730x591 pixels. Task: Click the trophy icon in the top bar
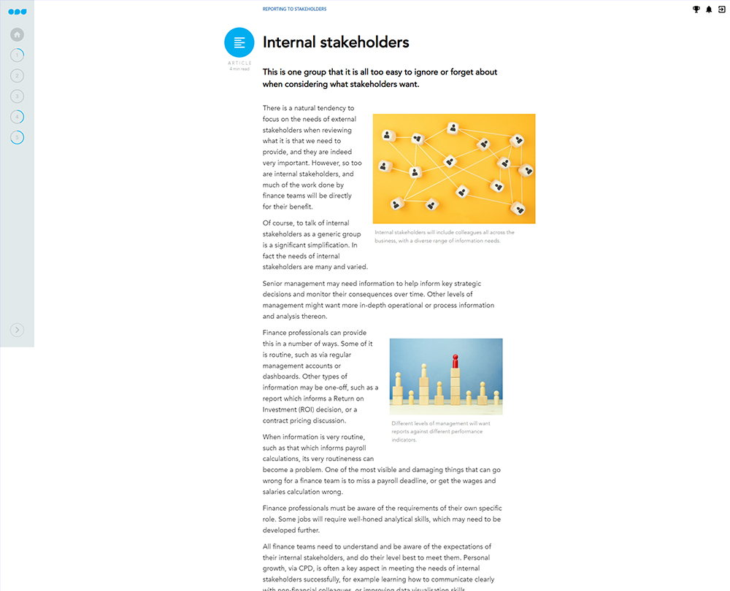(x=696, y=9)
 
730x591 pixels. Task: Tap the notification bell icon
(x=709, y=9)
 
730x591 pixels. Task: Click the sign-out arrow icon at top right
(x=721, y=9)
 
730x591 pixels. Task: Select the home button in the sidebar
(x=18, y=34)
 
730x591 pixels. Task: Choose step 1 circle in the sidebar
(x=18, y=55)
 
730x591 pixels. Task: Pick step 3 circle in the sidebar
(x=18, y=96)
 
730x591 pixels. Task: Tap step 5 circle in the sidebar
(x=18, y=137)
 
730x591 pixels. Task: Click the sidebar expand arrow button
(x=18, y=330)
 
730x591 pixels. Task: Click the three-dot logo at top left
(x=17, y=12)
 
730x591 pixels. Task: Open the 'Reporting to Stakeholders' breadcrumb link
(x=294, y=9)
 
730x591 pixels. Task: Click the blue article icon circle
(x=239, y=42)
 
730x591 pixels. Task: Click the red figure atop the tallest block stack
(x=456, y=361)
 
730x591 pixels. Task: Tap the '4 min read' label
(x=239, y=69)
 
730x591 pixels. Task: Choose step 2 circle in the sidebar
(x=18, y=75)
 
